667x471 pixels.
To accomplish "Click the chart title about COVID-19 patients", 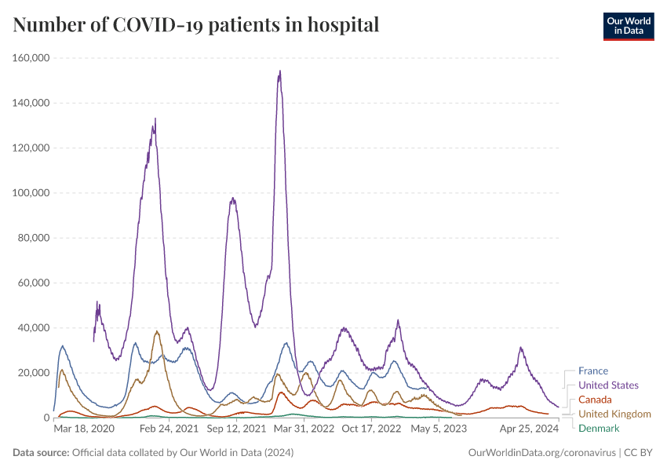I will point(196,25).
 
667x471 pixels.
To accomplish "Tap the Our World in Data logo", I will point(628,26).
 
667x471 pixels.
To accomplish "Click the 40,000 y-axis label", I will point(31,328).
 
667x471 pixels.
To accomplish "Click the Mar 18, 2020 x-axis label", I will point(84,429).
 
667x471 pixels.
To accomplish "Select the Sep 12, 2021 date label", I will point(235,429).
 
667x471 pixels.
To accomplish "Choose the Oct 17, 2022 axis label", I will point(371,429).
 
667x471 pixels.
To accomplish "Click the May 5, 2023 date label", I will point(439,429).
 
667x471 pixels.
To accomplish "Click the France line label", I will point(592,371).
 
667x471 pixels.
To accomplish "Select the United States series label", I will point(608,385).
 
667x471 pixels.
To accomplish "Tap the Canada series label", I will point(595,400).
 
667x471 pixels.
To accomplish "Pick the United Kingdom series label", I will point(614,414).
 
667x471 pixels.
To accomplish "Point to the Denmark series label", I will point(599,428).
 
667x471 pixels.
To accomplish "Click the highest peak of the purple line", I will point(279,71).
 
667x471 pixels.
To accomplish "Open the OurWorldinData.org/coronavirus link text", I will point(541,453).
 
